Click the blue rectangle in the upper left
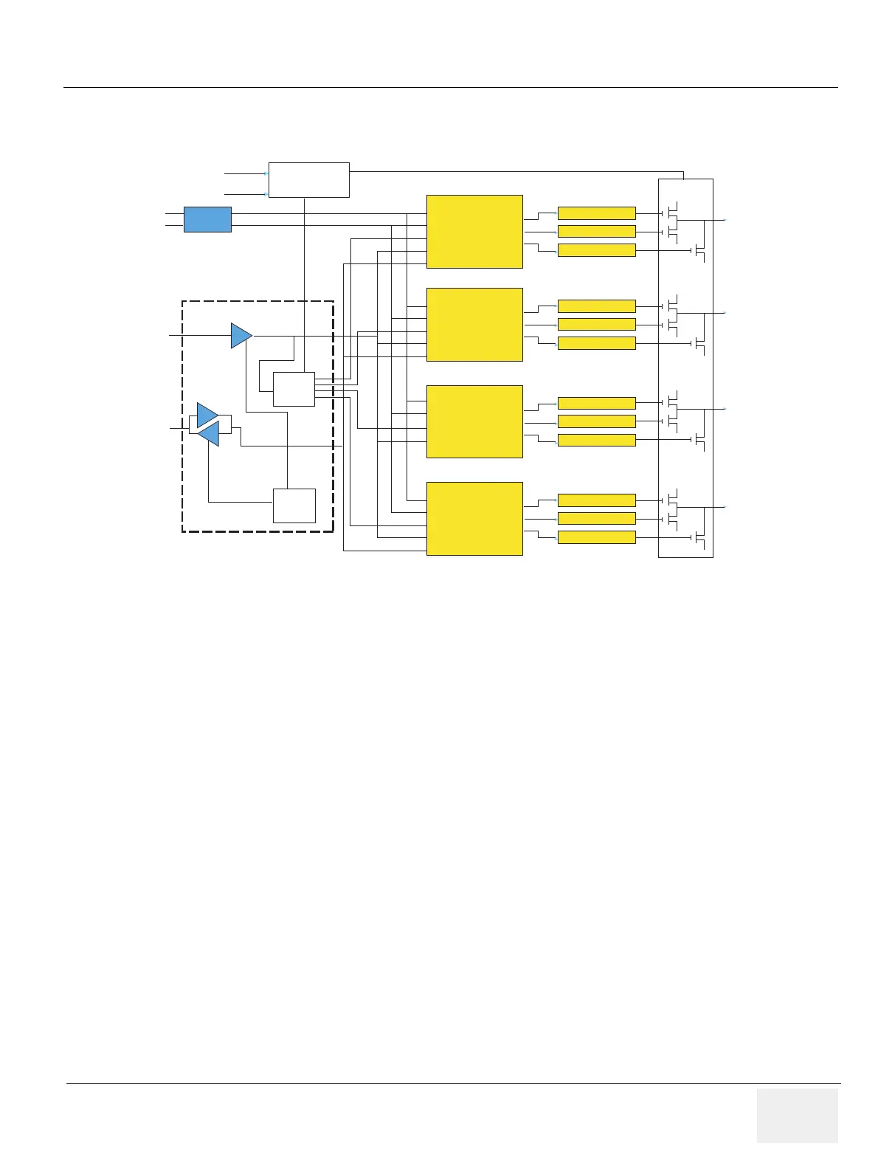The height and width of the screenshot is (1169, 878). click(x=207, y=219)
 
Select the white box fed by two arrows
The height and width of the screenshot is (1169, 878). click(x=308, y=180)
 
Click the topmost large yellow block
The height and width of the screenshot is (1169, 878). click(x=474, y=232)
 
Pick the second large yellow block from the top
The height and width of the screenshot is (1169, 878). click(x=474, y=325)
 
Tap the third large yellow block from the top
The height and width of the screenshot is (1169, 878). click(x=474, y=421)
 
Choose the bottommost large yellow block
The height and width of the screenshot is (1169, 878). click(x=474, y=518)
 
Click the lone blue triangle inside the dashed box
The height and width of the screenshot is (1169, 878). click(x=241, y=336)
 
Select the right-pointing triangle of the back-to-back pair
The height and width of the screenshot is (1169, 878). click(x=207, y=415)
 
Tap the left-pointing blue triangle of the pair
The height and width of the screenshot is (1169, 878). click(x=209, y=434)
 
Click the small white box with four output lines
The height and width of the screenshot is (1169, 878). click(x=294, y=389)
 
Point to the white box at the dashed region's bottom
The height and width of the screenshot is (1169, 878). click(x=294, y=506)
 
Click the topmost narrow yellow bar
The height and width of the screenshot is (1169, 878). click(x=596, y=213)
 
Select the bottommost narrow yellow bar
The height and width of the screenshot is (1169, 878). click(x=596, y=537)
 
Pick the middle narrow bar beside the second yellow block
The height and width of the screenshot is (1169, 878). click(x=596, y=325)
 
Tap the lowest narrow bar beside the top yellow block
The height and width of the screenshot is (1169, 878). click(x=596, y=250)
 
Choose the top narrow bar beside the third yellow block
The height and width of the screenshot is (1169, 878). click(x=596, y=403)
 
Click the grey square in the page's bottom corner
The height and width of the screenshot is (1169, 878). click(x=797, y=1115)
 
